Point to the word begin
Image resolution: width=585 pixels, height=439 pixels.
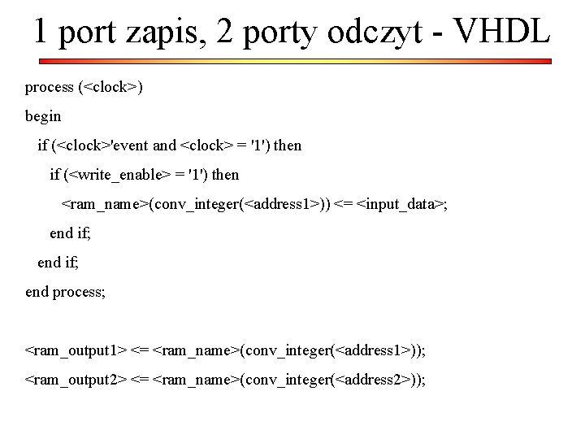(x=43, y=116)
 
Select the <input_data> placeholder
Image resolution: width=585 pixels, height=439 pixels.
(x=401, y=203)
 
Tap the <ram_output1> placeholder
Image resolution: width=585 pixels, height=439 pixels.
(x=76, y=350)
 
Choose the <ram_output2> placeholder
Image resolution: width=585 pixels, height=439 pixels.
(x=76, y=380)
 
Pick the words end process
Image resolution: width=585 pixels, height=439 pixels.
(x=65, y=292)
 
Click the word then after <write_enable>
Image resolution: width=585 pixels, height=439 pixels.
(x=225, y=174)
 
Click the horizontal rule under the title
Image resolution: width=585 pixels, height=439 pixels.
(x=292, y=61)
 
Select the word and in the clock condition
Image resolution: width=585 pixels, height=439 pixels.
(x=164, y=146)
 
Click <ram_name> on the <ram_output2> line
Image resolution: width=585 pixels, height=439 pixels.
(x=195, y=380)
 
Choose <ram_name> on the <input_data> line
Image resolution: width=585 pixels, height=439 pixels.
(x=105, y=203)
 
